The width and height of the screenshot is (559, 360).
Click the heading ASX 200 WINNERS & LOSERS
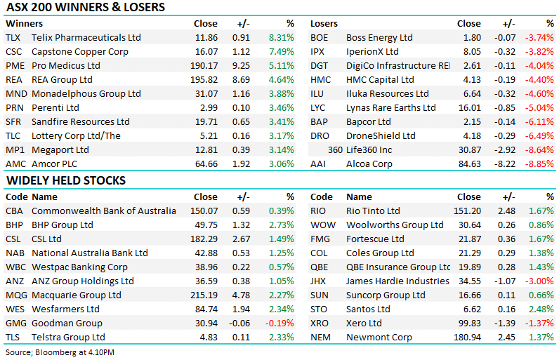coord(86,8)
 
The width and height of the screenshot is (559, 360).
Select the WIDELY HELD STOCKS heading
coord(66,180)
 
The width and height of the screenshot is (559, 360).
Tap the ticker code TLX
coord(13,37)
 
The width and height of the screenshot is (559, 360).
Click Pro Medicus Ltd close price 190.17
coord(204,65)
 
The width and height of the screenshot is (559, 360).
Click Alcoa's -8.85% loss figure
coord(540,164)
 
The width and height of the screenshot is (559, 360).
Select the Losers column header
coord(324,23)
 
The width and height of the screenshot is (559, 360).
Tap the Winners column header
coord(22,23)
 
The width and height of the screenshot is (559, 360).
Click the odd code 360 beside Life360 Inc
coord(335,149)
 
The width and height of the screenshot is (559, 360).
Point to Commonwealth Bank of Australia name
coord(104,211)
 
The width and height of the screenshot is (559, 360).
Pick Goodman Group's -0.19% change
coord(281,323)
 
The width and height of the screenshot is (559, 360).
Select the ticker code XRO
coord(320,323)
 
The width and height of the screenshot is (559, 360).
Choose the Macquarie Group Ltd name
coord(77,295)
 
